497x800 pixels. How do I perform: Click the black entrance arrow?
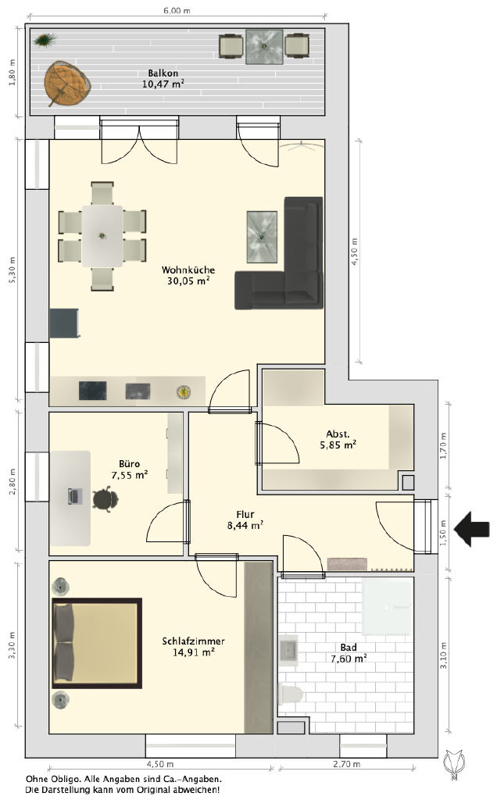472,530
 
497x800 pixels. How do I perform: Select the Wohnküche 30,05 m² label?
188,275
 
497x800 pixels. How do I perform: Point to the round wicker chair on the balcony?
67,83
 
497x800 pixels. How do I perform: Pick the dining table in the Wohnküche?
102,236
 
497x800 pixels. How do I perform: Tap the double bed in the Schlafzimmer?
96,644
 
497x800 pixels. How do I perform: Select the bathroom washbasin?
288,651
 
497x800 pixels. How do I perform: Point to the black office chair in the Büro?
105,499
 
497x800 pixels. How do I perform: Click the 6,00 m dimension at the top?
177,9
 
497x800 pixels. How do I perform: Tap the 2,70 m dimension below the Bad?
346,764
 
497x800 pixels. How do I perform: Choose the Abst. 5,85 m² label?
338,439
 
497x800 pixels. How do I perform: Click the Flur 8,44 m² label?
245,520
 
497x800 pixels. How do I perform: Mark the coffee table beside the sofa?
262,237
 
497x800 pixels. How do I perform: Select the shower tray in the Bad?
387,606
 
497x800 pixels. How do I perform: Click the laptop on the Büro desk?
75,496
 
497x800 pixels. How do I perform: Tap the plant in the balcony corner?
45,39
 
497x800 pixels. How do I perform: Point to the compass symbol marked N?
453,764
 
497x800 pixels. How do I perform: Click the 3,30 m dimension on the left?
12,645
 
